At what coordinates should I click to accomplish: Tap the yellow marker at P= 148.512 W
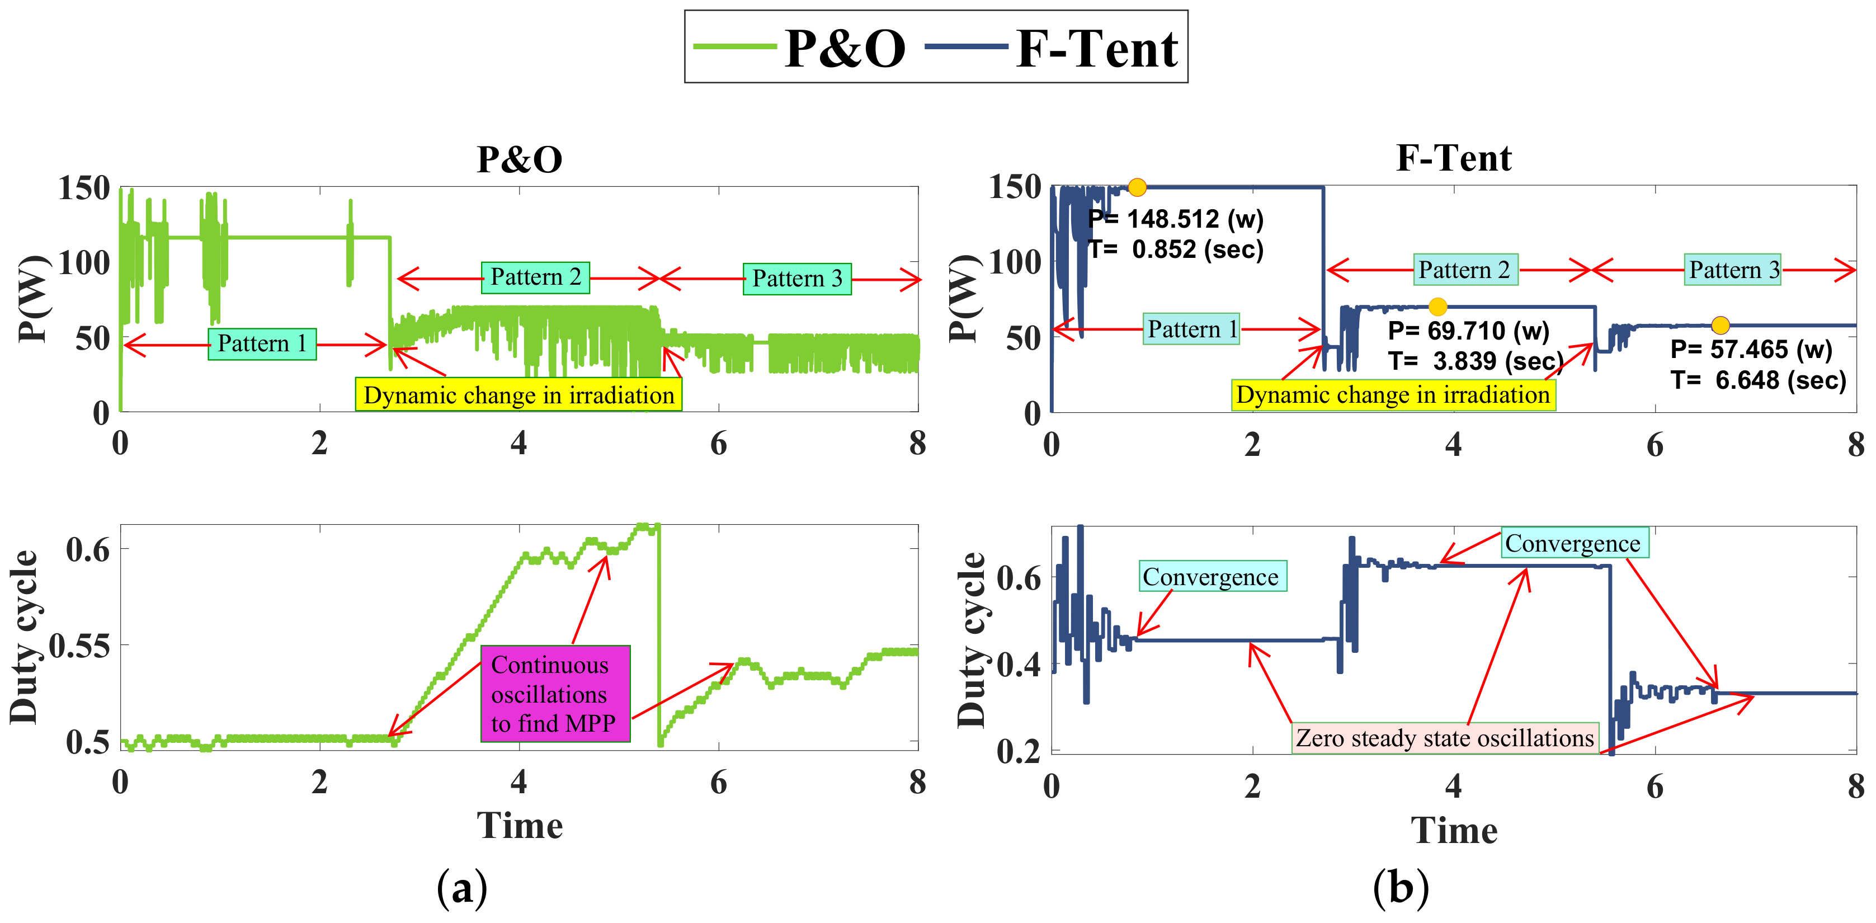point(1137,187)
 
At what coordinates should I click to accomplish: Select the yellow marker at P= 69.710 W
point(1437,307)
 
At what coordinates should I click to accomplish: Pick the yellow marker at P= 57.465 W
point(1720,325)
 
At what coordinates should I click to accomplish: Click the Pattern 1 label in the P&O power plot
point(262,343)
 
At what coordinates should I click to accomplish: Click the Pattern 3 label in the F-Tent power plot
point(1734,270)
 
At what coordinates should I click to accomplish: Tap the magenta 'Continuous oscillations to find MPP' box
point(555,694)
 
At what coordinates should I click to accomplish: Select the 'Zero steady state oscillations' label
point(1445,738)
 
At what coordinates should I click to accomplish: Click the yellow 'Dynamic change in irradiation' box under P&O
point(519,395)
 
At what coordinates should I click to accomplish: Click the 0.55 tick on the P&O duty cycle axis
point(79,646)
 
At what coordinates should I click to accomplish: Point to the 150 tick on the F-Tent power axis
point(1015,187)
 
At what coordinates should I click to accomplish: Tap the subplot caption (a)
point(461,887)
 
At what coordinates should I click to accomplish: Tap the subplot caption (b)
point(1401,887)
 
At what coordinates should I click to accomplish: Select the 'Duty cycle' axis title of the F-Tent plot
point(971,639)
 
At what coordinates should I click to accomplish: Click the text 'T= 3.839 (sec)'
point(1476,361)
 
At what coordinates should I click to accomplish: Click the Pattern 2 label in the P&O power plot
point(535,277)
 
